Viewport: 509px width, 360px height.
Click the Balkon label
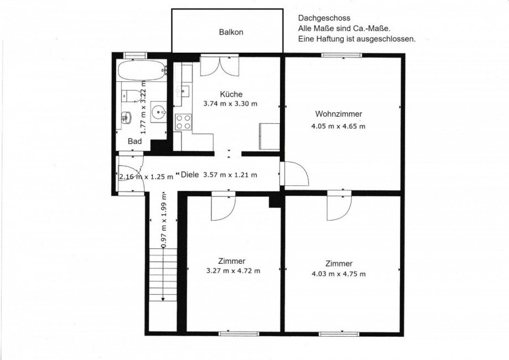point(231,32)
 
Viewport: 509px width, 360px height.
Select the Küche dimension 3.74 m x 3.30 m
point(230,104)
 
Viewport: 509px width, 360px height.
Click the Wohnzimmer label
point(339,114)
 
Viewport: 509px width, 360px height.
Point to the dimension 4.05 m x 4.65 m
point(338,126)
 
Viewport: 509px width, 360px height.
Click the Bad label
point(134,141)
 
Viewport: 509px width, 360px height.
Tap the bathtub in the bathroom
point(142,70)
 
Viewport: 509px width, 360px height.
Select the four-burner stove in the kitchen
point(184,122)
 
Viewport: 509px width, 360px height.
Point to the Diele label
point(190,175)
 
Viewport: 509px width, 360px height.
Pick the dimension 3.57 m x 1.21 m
point(230,175)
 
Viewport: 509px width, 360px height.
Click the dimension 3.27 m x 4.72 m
point(233,270)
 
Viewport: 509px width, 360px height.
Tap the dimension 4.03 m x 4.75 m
point(339,274)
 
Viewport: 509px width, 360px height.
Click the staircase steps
point(163,275)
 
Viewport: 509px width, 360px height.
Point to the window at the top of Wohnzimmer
point(341,55)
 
